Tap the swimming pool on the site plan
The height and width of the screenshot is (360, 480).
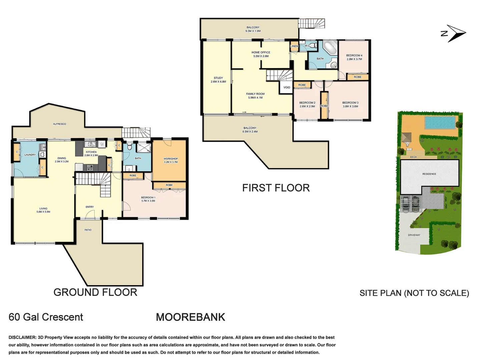440,122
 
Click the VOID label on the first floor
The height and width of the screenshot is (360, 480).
287,88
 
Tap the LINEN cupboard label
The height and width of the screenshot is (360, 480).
294,46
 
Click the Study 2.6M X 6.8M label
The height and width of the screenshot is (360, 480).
218,80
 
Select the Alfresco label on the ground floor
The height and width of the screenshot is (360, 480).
59,124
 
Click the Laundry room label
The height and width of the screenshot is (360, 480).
30,155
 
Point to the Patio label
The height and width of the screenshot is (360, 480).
88,230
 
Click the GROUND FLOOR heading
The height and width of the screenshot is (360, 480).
95,292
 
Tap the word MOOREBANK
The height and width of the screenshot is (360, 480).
190,317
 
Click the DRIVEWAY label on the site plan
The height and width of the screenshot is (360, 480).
414,235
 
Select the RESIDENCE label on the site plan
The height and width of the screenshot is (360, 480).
429,174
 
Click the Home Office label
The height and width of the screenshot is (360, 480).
261,54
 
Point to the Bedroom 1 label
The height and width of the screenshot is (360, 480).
148,199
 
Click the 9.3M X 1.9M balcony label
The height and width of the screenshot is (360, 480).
253,29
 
